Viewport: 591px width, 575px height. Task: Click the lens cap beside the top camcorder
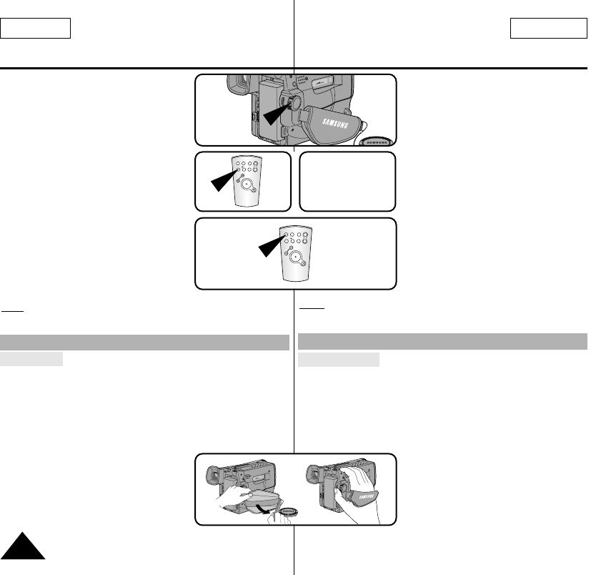click(x=376, y=141)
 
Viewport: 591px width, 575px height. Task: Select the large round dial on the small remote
click(x=247, y=184)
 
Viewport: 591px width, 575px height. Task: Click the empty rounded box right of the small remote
click(x=347, y=181)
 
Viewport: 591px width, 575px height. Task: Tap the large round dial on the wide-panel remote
click(x=294, y=252)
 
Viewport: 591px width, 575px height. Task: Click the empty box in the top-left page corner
click(x=36, y=29)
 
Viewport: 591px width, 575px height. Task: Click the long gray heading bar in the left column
click(x=145, y=343)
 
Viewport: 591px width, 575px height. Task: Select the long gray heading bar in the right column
click(x=442, y=341)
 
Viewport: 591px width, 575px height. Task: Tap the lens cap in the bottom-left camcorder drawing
click(x=289, y=511)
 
